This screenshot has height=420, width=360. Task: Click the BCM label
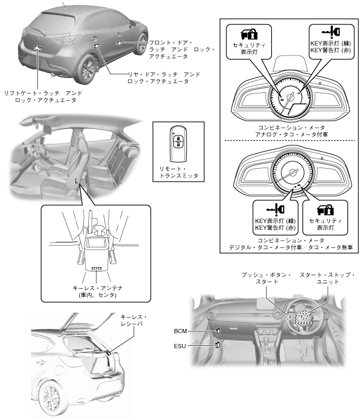coord(182,329)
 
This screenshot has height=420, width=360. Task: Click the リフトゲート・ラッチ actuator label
coord(39,96)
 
